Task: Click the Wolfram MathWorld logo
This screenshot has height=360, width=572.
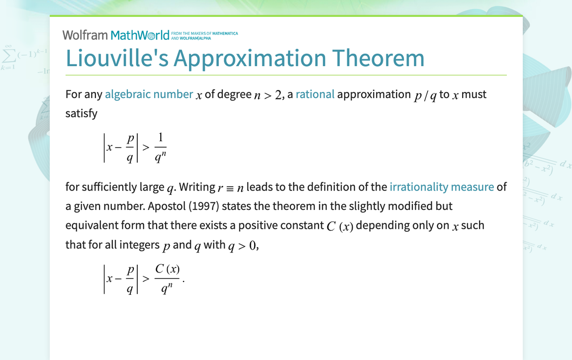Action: click(x=116, y=35)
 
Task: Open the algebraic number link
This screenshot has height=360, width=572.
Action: click(x=149, y=94)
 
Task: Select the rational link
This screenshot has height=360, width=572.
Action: click(x=315, y=94)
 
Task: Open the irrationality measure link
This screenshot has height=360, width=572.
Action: click(x=442, y=187)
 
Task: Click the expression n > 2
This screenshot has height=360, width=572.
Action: click(x=269, y=94)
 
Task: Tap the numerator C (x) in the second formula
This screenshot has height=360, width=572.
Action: click(x=167, y=269)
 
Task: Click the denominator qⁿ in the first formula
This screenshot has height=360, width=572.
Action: click(x=161, y=157)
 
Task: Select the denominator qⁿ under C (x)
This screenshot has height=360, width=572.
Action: click(x=167, y=288)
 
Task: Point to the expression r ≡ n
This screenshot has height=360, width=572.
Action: click(x=231, y=187)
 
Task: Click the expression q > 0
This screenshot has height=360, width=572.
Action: click(x=243, y=245)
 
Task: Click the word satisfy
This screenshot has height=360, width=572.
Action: click(x=82, y=113)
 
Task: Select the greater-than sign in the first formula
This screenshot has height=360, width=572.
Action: click(x=146, y=148)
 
